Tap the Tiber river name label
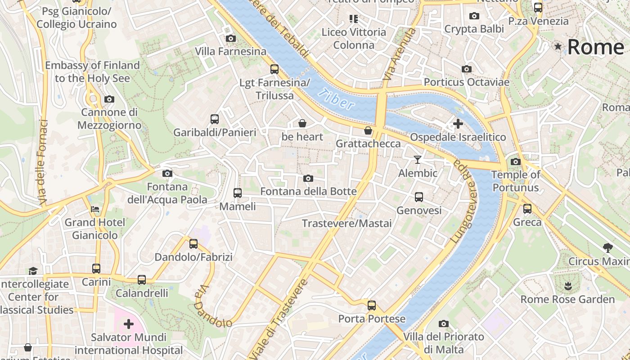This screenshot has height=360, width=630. click(x=336, y=99)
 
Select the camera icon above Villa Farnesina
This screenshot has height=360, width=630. click(x=231, y=39)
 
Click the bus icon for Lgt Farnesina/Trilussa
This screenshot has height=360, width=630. click(x=274, y=69)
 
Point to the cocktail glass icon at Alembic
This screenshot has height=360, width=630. click(x=418, y=160)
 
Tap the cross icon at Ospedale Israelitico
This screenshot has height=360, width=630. click(x=458, y=123)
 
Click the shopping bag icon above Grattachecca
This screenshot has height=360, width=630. click(x=368, y=130)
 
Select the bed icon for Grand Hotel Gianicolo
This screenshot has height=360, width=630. click(x=95, y=209)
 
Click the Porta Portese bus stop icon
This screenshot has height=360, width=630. click(x=372, y=306)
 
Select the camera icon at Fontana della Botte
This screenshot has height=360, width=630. click(x=308, y=179)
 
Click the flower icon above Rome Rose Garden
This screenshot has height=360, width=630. click(x=567, y=286)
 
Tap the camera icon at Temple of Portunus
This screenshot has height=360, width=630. click(x=516, y=162)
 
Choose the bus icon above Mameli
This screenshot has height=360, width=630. click(x=238, y=193)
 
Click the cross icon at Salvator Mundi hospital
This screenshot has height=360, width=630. click(x=129, y=324)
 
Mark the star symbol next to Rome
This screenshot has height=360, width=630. click(x=558, y=46)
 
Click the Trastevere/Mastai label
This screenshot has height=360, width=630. click(x=346, y=223)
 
